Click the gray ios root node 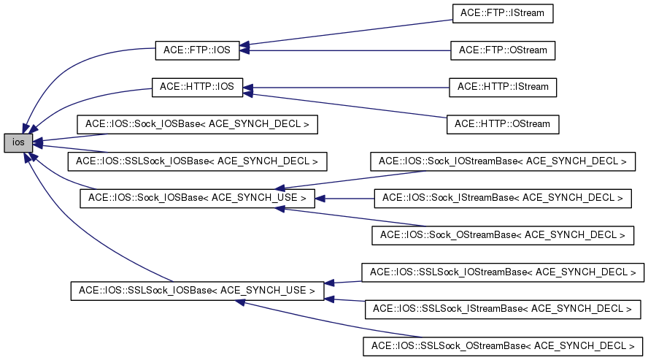(x=18, y=143)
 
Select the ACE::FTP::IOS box (x=197, y=51)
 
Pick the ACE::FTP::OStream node (x=503, y=50)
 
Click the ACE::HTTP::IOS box (x=196, y=87)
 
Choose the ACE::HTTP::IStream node (x=503, y=87)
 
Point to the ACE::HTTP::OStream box (x=503, y=124)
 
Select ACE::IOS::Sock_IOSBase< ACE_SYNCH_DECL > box (x=197, y=124)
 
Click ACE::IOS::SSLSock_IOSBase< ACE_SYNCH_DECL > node (x=197, y=161)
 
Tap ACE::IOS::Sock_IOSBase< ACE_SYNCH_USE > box (x=197, y=198)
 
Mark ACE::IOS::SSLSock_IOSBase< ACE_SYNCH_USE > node (x=197, y=290)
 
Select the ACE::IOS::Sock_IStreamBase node (x=503, y=198)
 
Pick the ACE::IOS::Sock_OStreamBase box (x=503, y=235)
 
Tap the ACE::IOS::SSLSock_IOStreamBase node (x=503, y=272)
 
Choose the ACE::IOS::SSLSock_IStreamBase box (x=503, y=309)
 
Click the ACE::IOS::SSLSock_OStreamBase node (x=503, y=345)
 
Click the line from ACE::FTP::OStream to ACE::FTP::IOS (x=350, y=50)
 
